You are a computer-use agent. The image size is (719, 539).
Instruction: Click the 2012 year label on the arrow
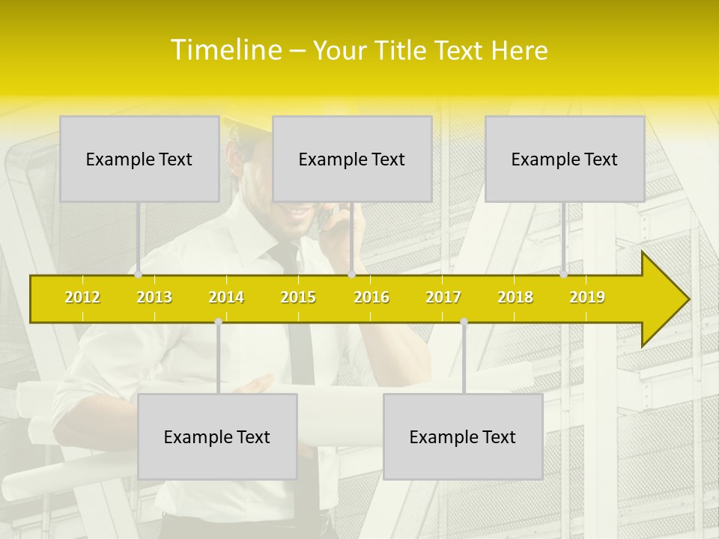82,297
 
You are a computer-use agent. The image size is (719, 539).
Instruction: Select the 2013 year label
154,297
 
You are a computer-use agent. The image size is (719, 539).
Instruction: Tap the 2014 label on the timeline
226,297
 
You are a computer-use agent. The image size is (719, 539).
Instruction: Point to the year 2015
298,297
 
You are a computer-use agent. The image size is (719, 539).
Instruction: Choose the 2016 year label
371,297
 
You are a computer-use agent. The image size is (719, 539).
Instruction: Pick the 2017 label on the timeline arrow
443,297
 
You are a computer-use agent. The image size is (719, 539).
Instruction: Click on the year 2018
515,297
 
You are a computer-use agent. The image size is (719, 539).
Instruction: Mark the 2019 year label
587,297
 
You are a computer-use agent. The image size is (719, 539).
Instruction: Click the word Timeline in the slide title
225,50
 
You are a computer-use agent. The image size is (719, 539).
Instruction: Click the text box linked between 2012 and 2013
139,159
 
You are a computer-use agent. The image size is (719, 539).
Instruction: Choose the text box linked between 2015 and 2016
352,159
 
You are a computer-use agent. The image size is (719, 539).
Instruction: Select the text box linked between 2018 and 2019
565,159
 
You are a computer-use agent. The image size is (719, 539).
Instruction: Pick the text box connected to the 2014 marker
217,436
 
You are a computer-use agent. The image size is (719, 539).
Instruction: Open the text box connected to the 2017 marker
463,436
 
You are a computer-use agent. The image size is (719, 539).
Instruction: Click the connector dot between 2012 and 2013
139,275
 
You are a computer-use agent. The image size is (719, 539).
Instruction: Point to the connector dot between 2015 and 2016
351,275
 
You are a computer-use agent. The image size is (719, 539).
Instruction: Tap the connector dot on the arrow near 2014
218,322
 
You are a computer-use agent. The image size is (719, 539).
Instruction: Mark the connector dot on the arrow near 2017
464,322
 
